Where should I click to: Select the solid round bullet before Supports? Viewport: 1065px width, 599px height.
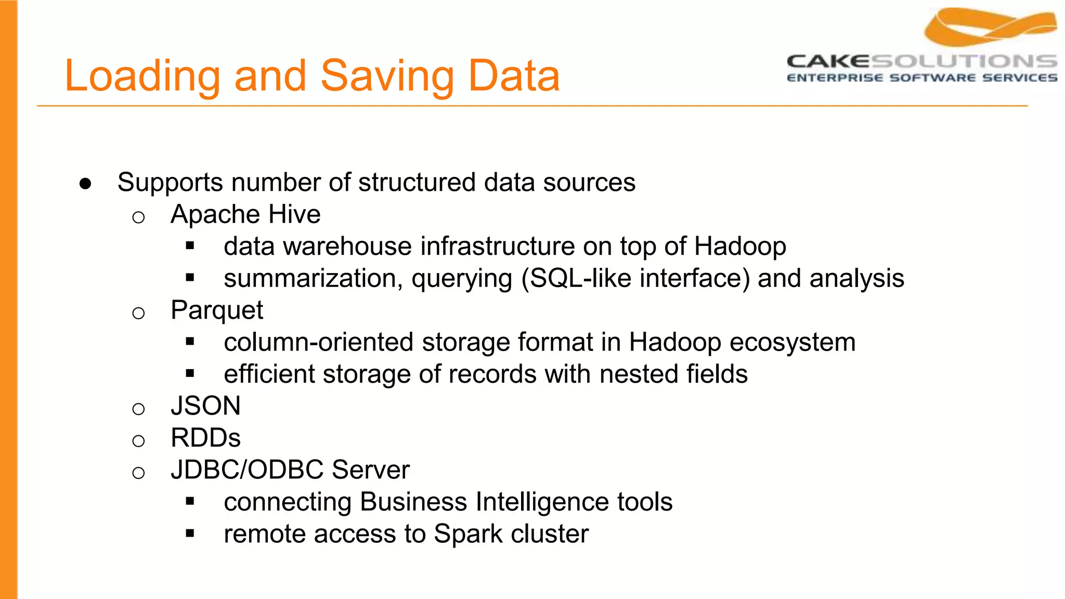[x=86, y=184]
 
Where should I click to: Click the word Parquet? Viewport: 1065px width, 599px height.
[x=217, y=310]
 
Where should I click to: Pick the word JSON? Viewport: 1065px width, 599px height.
[x=205, y=406]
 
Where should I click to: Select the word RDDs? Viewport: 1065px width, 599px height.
[x=205, y=438]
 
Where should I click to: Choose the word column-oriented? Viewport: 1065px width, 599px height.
[x=319, y=343]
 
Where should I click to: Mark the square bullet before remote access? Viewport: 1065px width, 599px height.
[x=190, y=533]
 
